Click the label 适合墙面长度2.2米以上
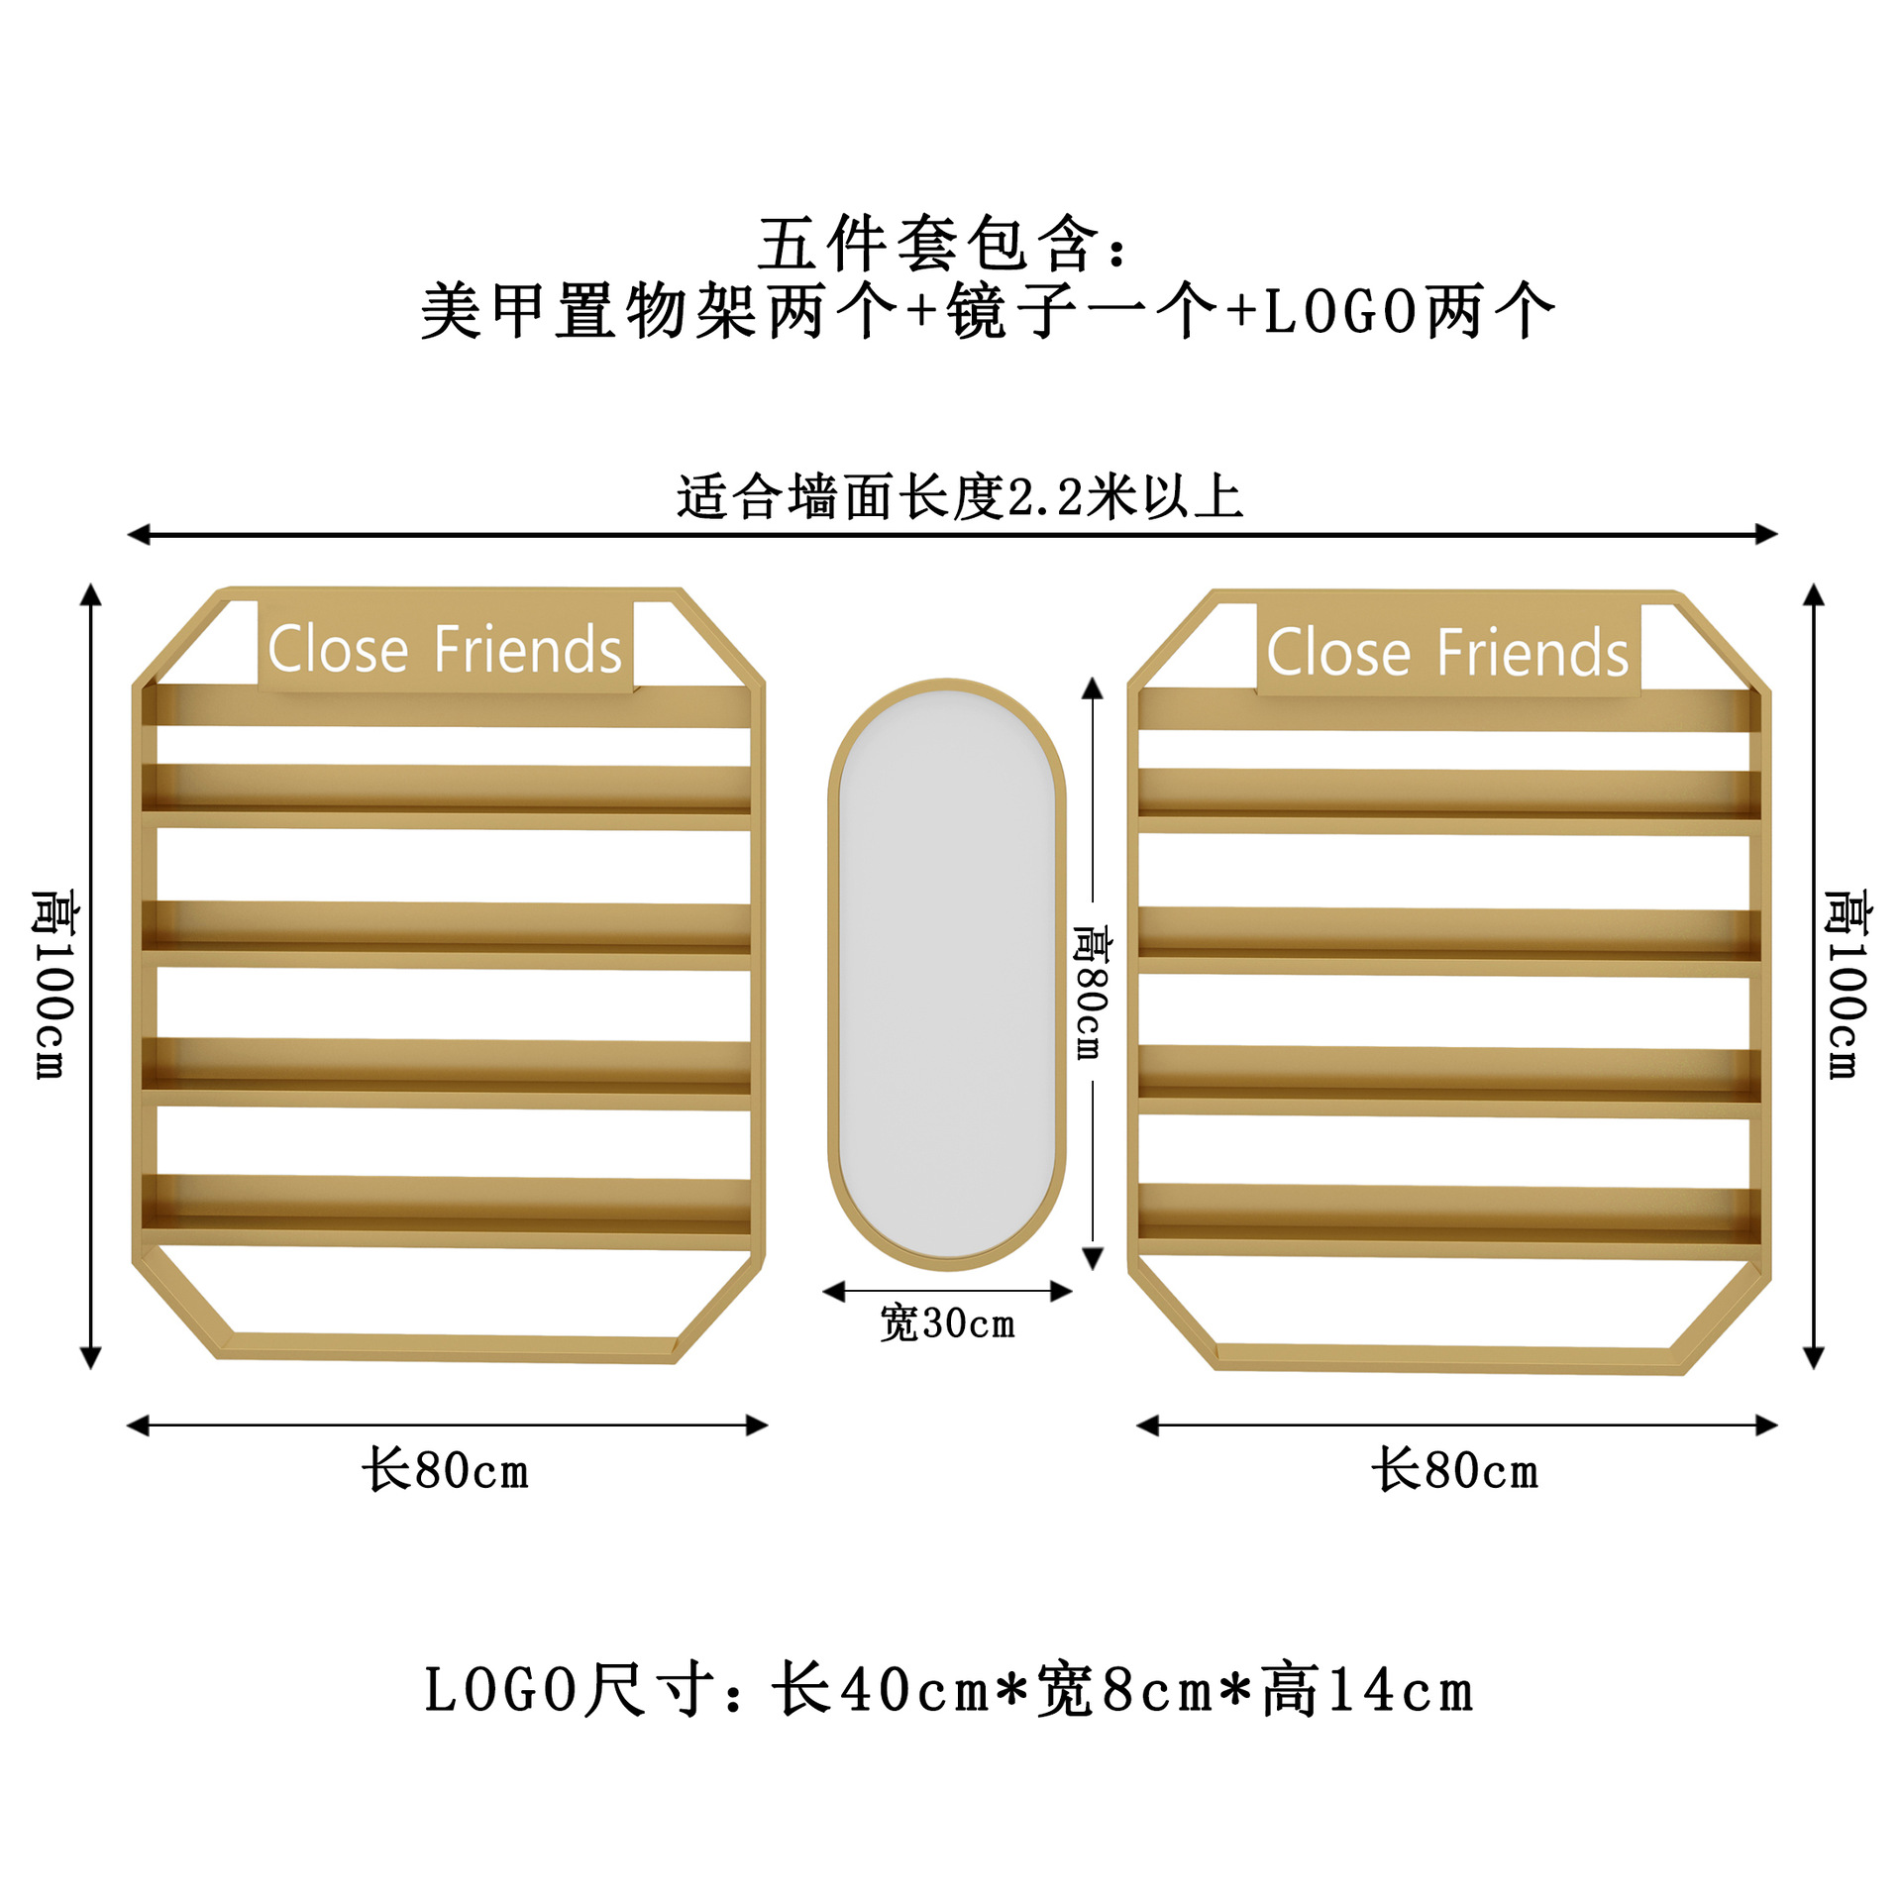959,497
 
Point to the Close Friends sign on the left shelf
445,650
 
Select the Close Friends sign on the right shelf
1447,653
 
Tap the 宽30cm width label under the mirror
948,1323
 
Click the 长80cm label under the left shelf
445,1469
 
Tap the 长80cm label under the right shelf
1455,1469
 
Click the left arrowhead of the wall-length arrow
138,535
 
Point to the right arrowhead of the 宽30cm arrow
1061,1291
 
